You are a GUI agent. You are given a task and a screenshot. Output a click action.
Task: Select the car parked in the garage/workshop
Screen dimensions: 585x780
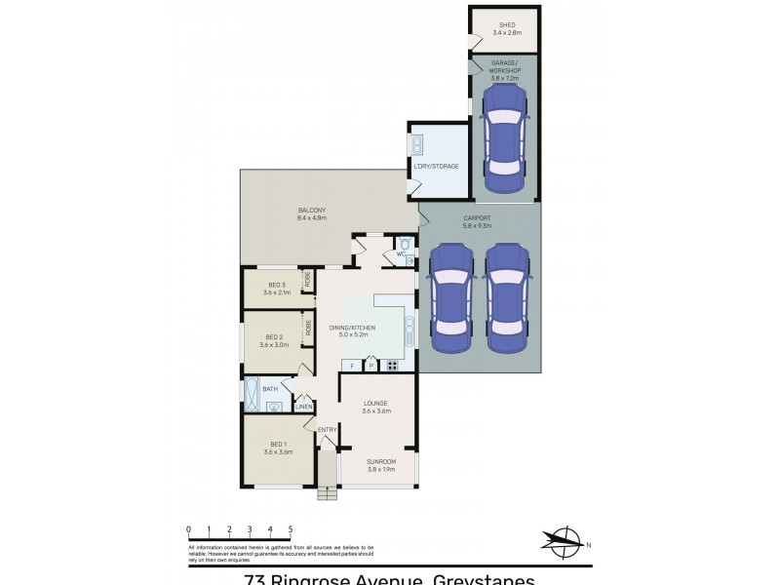point(504,129)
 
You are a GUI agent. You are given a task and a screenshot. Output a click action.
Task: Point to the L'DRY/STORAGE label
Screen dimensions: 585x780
point(436,166)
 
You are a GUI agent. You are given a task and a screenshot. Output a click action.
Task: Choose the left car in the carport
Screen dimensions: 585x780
point(451,296)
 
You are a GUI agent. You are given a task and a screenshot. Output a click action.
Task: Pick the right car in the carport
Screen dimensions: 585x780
point(507,296)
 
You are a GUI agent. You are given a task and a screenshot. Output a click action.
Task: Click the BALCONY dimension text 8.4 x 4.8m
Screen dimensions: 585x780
point(312,217)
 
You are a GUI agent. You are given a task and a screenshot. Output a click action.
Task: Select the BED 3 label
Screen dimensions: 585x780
point(277,285)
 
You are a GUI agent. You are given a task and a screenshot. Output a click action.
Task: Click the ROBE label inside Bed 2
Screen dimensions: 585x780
point(308,328)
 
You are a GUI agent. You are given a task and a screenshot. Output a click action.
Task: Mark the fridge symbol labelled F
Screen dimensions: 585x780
point(351,366)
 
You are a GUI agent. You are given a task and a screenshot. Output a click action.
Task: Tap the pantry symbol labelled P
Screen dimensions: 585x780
point(370,366)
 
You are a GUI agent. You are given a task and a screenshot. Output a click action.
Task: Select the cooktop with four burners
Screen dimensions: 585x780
point(392,366)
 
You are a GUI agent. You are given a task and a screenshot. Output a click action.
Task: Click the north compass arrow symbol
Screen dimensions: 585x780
point(563,538)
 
